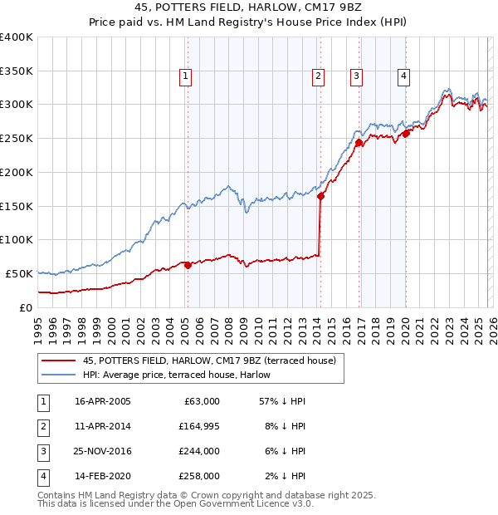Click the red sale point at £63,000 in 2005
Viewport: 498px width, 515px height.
188,265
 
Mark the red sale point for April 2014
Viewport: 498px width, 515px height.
320,196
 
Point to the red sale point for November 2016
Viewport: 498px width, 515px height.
359,143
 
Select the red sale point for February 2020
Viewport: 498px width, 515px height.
406,133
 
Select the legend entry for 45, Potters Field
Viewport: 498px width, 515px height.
208,360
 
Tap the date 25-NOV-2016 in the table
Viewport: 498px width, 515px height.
103,451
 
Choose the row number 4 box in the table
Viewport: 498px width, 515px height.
42,476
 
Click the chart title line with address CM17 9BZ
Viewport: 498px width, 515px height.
249,10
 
